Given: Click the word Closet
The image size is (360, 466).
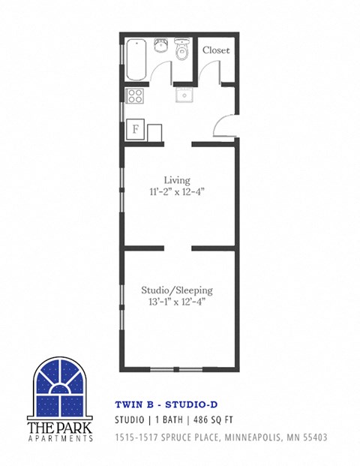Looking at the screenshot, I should point(216,50).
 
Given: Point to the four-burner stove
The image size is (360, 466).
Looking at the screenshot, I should point(136,96).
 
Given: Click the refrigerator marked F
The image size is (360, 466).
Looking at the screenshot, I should point(136,128).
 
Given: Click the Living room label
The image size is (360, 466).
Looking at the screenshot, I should point(177,180).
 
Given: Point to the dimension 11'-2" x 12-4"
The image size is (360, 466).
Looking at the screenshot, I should point(178,191).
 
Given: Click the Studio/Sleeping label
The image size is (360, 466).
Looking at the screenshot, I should point(178,290).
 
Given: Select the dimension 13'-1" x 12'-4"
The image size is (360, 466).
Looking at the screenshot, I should point(178,302).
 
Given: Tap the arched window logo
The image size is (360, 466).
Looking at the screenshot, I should point(61,387).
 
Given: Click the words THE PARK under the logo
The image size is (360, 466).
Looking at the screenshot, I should point(61,427).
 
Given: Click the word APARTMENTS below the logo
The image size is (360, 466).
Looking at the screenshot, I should point(61,438).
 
